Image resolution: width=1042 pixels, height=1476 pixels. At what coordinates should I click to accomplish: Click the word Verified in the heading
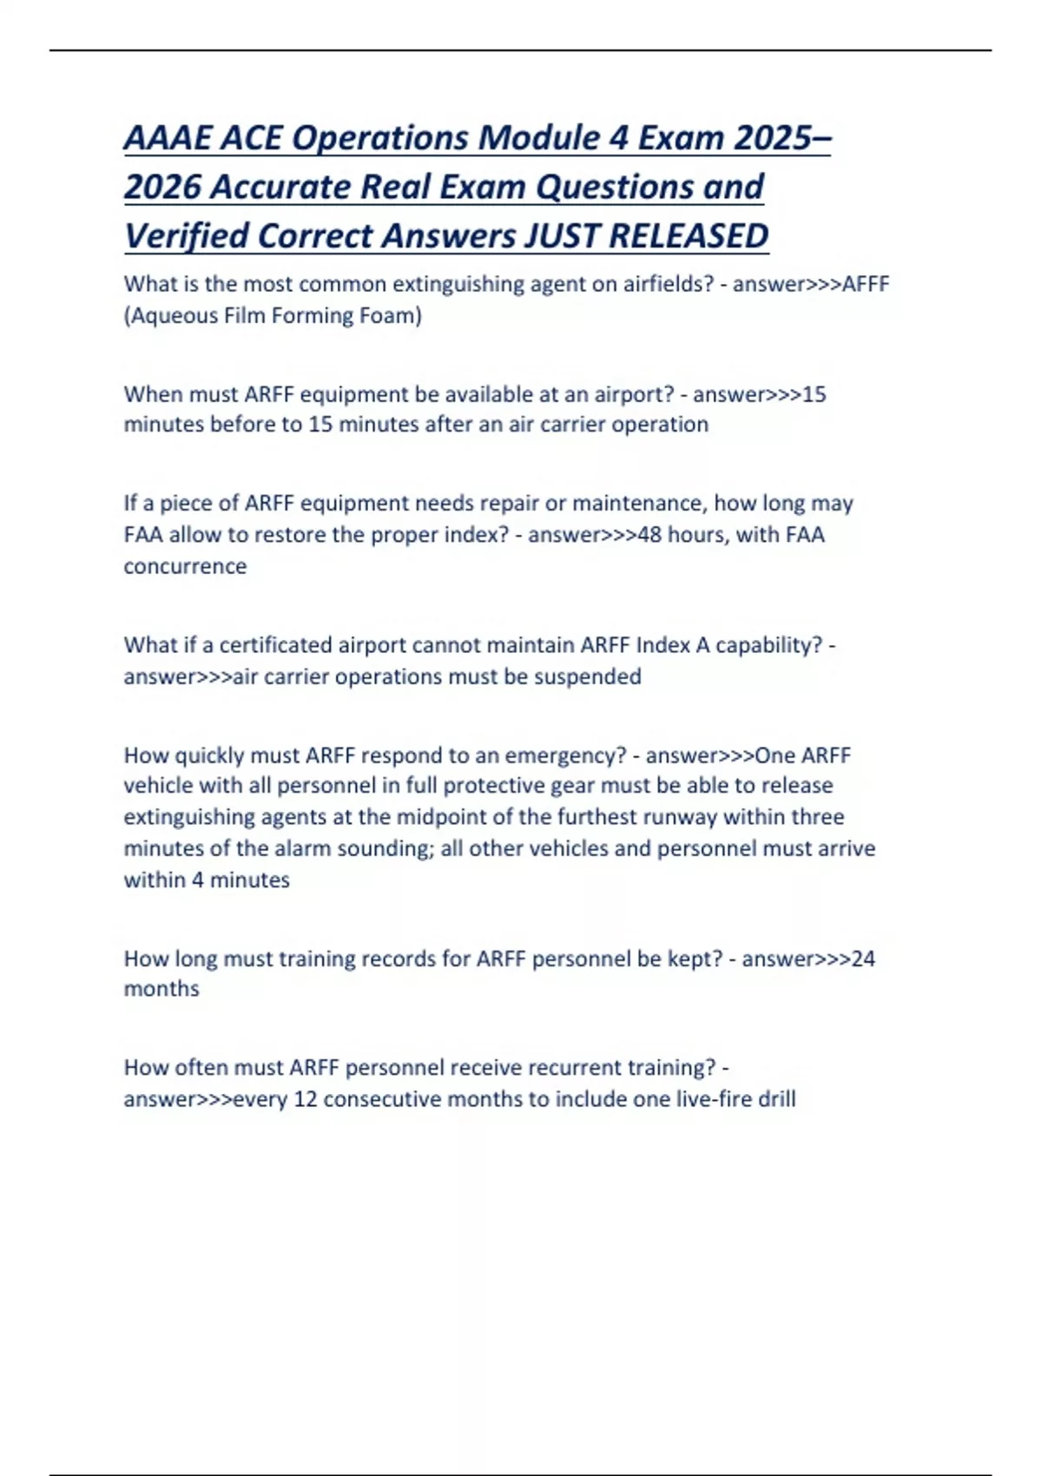point(186,235)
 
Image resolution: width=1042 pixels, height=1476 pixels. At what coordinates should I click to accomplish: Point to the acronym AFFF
point(866,284)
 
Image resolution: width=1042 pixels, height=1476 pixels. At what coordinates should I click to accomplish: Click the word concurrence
point(185,566)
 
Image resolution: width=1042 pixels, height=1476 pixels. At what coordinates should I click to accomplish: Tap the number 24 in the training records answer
point(863,959)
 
